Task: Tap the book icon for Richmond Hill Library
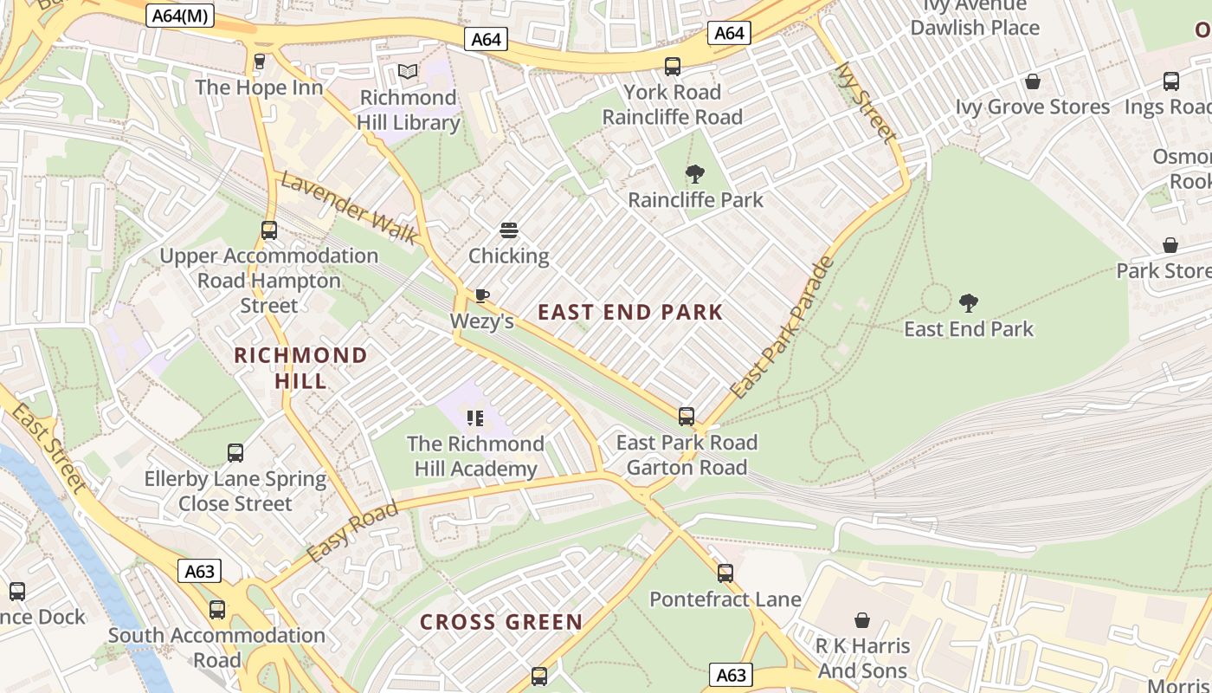pos(407,72)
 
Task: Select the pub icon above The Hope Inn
pos(259,62)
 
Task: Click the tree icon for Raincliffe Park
pos(694,174)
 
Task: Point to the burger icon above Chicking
pos(509,230)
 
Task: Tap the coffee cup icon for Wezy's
pos(481,296)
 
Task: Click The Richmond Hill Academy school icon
pos(474,418)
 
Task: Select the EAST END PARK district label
pos(630,313)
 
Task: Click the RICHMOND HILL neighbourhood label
pos(300,368)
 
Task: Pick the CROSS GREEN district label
pos(501,622)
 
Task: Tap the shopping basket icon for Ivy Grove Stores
pos(1032,81)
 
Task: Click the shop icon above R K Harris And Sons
pos(862,620)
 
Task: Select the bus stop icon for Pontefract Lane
pos(725,573)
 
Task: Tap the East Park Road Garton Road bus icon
pos(687,417)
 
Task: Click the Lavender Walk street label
pos(349,209)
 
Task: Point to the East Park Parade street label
pos(782,328)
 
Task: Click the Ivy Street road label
pos(865,102)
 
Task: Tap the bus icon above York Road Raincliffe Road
pos(673,66)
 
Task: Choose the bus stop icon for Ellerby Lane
pos(235,452)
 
